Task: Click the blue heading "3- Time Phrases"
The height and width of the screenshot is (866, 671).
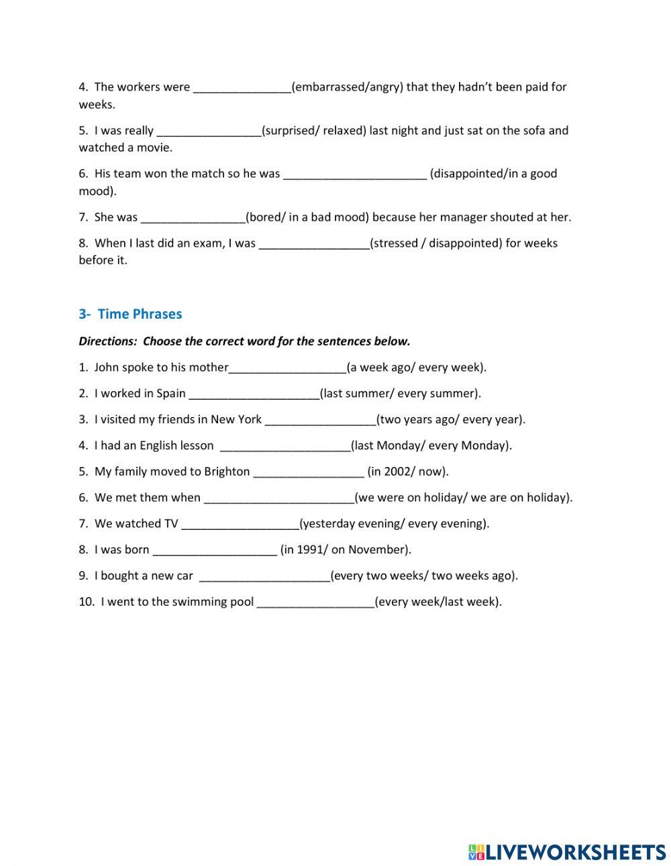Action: (130, 314)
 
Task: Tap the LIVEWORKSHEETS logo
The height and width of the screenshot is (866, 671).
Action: (566, 852)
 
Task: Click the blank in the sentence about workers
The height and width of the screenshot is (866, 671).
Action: (242, 87)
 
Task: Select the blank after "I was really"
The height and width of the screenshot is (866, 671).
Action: (209, 131)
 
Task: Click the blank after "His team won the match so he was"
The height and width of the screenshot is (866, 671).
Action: (354, 174)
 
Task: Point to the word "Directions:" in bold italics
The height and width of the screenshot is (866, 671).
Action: (107, 341)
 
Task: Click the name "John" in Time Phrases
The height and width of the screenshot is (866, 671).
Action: (107, 367)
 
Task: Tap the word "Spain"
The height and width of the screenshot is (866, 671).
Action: (171, 393)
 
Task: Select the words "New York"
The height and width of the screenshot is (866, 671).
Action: (236, 419)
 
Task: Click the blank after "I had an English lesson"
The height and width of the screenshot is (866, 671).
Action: (285, 445)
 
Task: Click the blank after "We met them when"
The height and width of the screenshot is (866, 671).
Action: (278, 498)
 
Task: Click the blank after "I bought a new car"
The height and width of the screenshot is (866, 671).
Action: (264, 576)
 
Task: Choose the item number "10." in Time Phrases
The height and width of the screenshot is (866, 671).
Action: (87, 602)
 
